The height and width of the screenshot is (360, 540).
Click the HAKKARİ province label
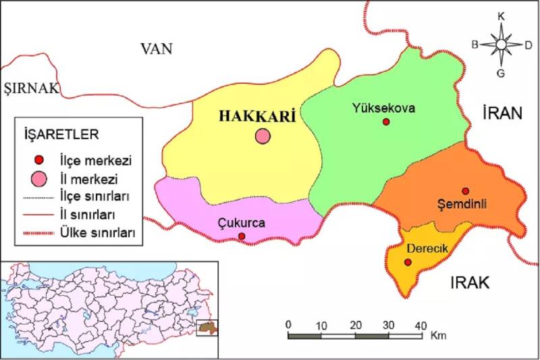258,116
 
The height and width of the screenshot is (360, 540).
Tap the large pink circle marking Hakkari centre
262,136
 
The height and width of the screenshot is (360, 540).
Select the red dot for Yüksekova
386,122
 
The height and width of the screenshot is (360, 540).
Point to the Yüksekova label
383,107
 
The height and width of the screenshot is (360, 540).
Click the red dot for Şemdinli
465,191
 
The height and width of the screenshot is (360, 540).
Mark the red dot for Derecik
408,262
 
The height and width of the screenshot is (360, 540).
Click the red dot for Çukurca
242,236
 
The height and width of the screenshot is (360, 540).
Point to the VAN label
157,49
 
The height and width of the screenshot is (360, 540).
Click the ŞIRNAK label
31,88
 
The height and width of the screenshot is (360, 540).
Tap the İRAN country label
503,113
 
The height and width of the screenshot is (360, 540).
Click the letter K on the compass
501,16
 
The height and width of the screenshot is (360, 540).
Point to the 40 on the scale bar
421,324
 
